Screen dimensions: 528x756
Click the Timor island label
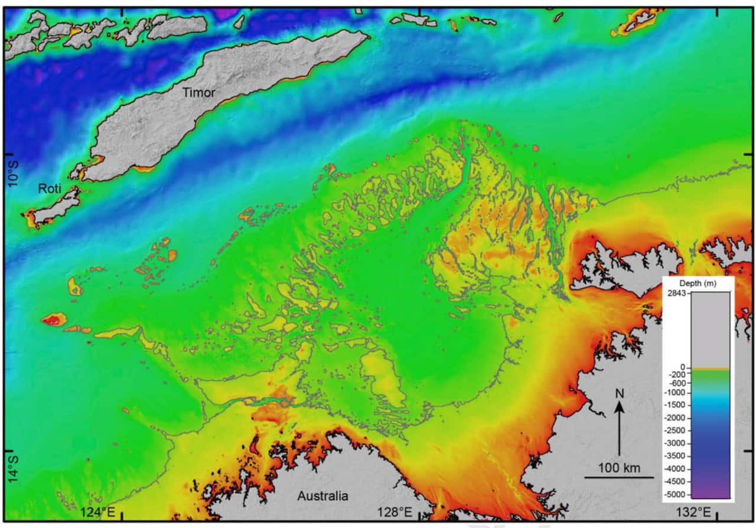click(x=198, y=93)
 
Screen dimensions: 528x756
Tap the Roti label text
click(x=50, y=189)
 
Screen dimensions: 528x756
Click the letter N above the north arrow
click(x=618, y=393)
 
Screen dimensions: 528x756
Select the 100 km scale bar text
click(x=619, y=468)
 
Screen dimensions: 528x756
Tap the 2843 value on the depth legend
click(x=676, y=294)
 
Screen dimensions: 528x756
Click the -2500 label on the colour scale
click(x=677, y=431)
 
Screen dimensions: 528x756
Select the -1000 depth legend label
click(x=677, y=392)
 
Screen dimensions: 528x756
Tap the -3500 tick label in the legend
click(x=677, y=456)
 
